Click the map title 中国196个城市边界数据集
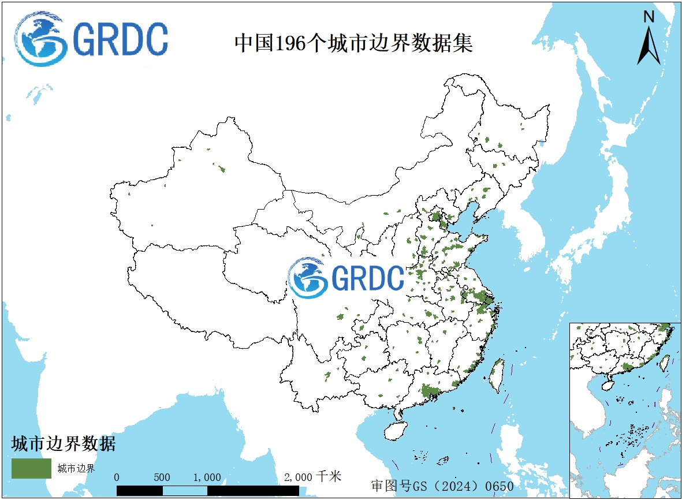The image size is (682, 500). pos(353,43)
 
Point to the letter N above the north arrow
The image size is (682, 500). pos(649,17)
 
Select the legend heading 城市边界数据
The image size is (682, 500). pos(64,443)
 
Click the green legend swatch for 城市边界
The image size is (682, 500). pos(31,468)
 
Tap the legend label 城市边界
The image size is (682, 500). pos(76,468)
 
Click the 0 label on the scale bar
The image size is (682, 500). pos(117,477)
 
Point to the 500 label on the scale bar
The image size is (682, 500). pos(162,477)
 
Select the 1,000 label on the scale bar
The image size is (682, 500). pos(207,477)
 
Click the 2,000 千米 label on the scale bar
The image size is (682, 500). pos(312,477)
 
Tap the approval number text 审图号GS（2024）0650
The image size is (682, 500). pos(442,486)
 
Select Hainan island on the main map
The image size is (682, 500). pos(396,430)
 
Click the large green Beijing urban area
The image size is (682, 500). pos(436,218)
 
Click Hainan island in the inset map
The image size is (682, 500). pos(608,383)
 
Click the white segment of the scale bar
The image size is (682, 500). pos(185,491)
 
